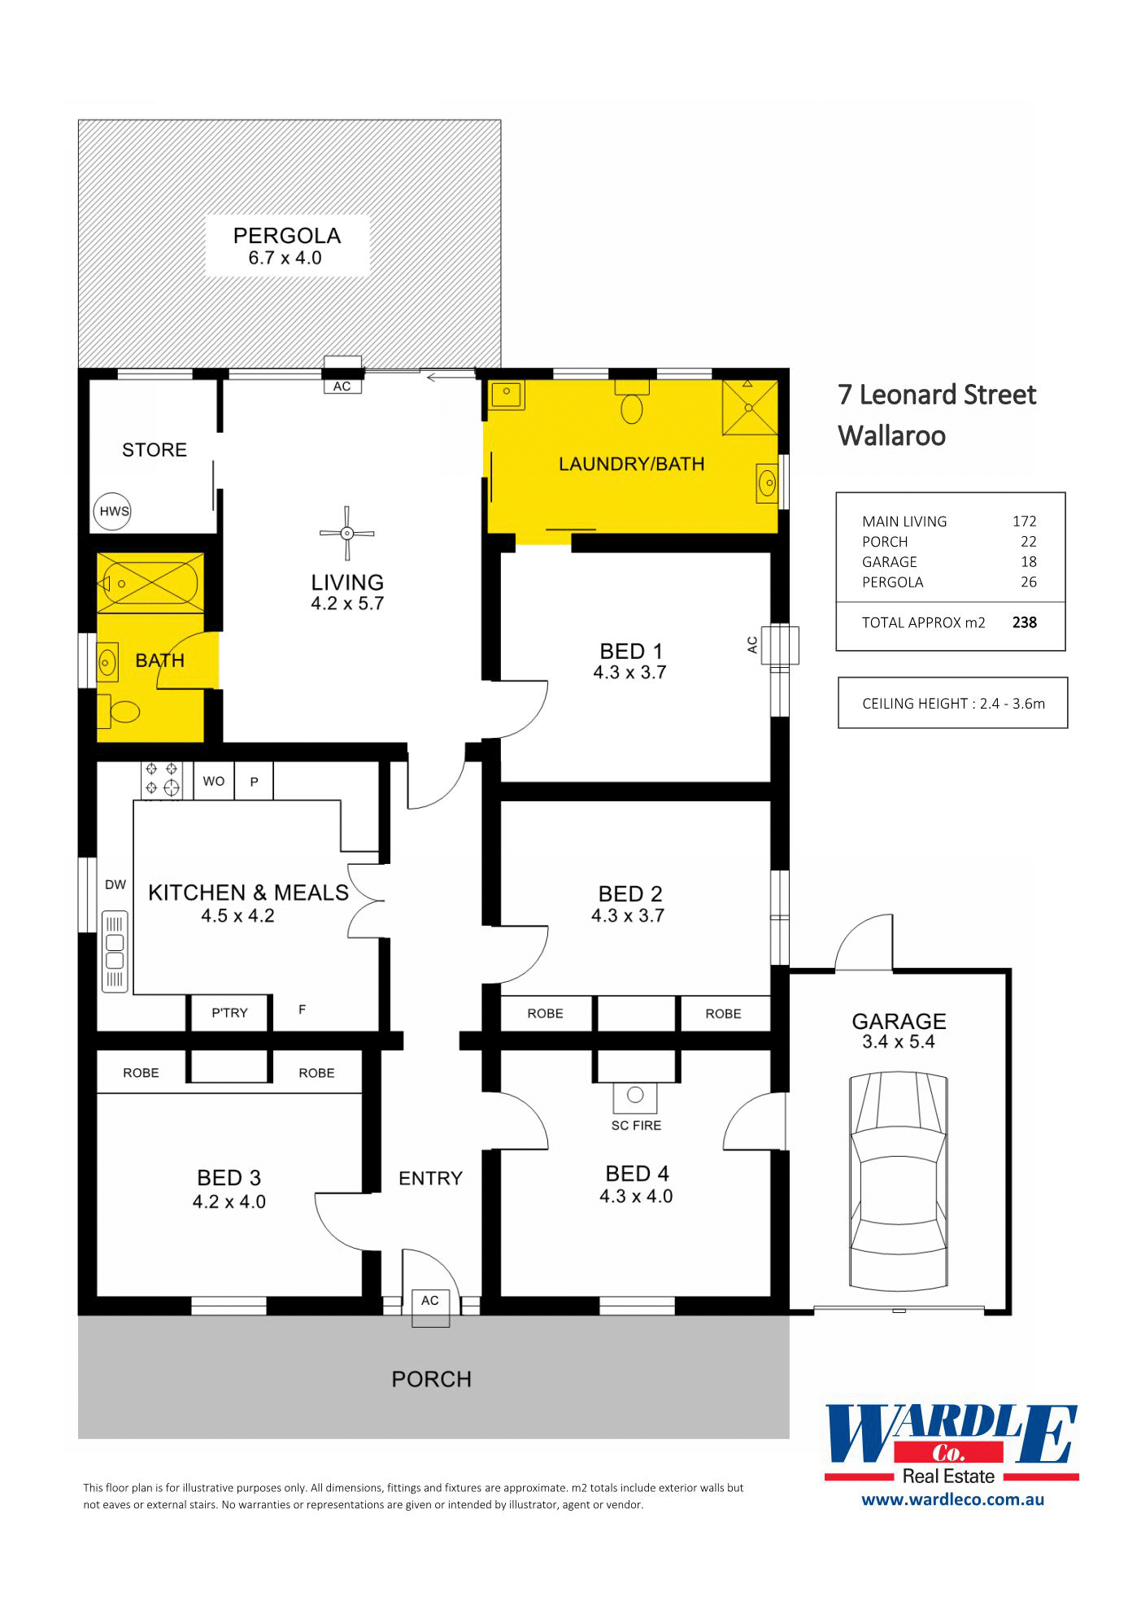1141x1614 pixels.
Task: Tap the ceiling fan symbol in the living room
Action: coord(347,534)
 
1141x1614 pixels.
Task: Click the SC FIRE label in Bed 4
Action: coord(636,1125)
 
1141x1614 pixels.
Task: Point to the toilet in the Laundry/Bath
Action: coord(632,401)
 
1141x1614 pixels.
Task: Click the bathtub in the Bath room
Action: coord(150,583)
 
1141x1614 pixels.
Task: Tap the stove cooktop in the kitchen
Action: coord(162,779)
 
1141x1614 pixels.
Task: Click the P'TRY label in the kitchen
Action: coord(229,1013)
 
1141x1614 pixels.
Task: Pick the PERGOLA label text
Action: coord(287,236)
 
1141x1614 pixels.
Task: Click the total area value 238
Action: coord(1025,622)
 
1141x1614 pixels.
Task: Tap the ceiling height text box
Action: coord(953,703)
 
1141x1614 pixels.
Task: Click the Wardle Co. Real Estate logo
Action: coord(952,1445)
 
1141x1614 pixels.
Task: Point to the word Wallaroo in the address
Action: coord(892,436)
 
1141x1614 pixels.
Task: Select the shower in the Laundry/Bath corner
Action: coord(751,408)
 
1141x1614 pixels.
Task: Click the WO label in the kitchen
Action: coord(214,781)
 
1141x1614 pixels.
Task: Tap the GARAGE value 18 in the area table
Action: coord(1029,561)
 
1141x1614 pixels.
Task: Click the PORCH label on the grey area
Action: coord(432,1380)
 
